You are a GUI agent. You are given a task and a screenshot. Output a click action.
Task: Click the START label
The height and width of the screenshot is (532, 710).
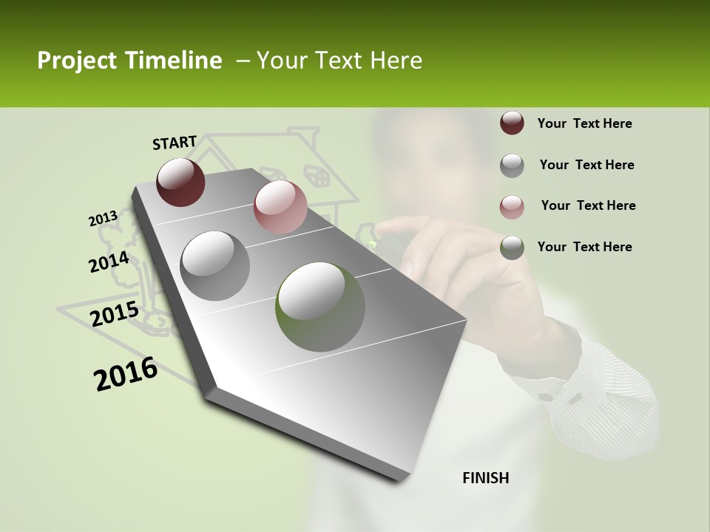pos(175,143)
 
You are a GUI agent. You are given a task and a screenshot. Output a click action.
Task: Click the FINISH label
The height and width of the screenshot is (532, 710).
pos(485,478)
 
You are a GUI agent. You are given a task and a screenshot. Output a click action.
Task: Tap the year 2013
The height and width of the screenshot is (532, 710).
pos(103,218)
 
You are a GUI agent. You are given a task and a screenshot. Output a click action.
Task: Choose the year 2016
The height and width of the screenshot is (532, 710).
pos(126,374)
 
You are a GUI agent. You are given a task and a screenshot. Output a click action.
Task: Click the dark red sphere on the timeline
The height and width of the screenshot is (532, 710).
pos(180,182)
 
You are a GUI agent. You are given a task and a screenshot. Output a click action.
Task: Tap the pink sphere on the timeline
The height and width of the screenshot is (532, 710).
pos(280,206)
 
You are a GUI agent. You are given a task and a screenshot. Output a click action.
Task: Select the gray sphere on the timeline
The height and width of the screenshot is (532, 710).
pos(215,265)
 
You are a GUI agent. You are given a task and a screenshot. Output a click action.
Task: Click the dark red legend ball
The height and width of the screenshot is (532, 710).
pos(512,123)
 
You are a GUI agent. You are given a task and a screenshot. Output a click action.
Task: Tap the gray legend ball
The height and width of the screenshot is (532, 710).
pos(512,165)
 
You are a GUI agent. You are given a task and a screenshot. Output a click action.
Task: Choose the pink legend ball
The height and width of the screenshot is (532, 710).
pos(512,206)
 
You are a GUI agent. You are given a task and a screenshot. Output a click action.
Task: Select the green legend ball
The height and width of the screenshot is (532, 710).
pos(512,248)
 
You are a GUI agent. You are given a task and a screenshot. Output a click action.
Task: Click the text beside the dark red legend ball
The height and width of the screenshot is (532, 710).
pos(584,123)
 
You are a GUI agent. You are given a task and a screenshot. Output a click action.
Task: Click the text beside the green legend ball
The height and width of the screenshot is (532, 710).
pos(584,247)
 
